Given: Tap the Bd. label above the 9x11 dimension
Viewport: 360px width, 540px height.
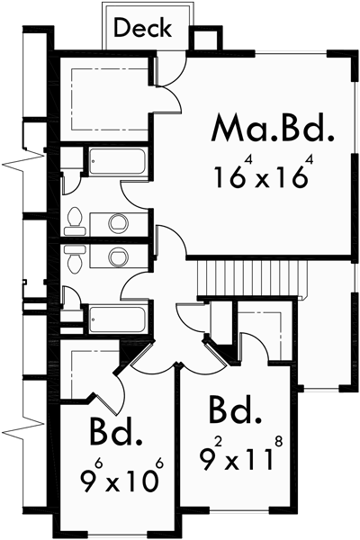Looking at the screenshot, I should click(236, 412).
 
